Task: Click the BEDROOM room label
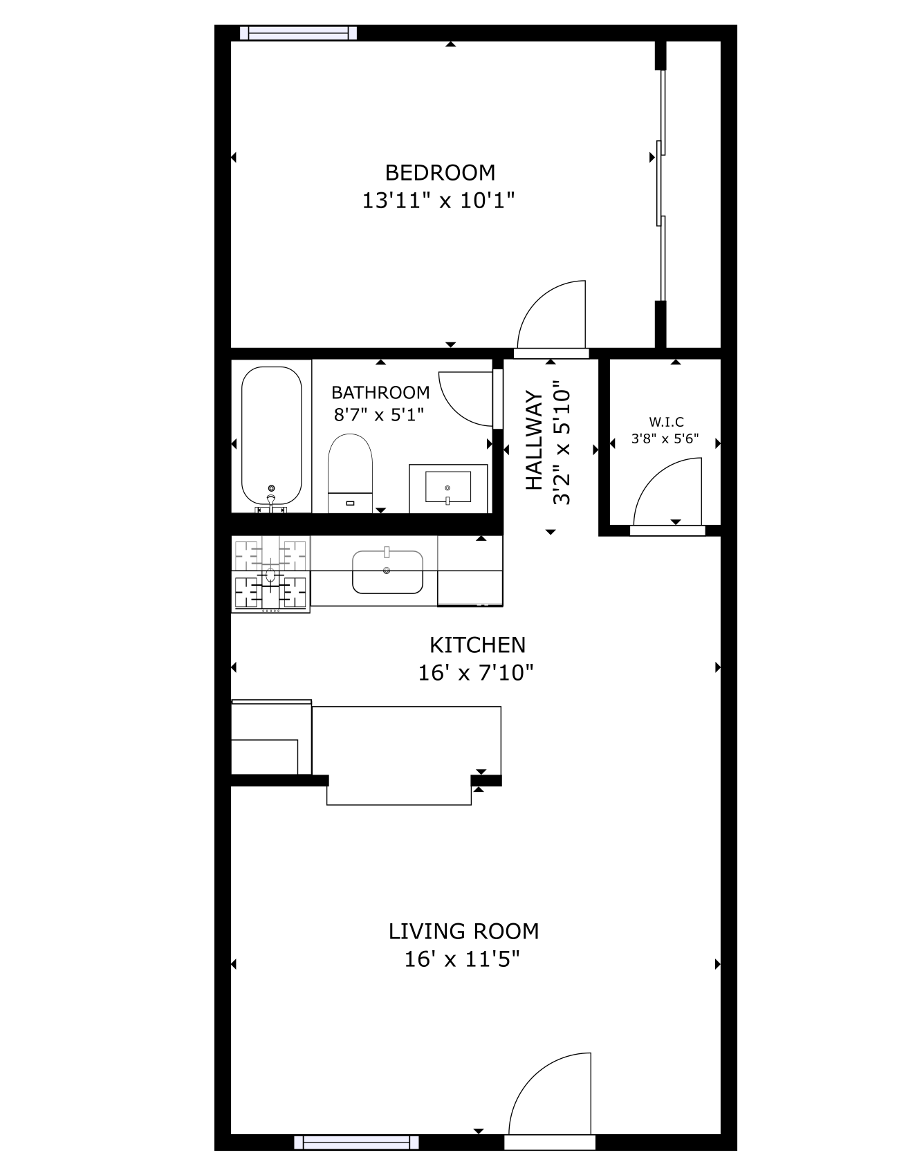[440, 172]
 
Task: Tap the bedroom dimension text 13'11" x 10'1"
[439, 201]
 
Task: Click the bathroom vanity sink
[448, 488]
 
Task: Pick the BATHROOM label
[380, 393]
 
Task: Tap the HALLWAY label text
[535, 441]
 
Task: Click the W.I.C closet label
[666, 422]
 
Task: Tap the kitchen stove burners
[270, 574]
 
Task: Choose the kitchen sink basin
[387, 572]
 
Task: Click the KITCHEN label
[478, 645]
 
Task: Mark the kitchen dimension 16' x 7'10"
[476, 672]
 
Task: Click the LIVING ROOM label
[463, 932]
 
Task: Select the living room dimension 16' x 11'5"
[462, 960]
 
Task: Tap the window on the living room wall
[356, 1142]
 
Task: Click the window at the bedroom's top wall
[299, 33]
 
